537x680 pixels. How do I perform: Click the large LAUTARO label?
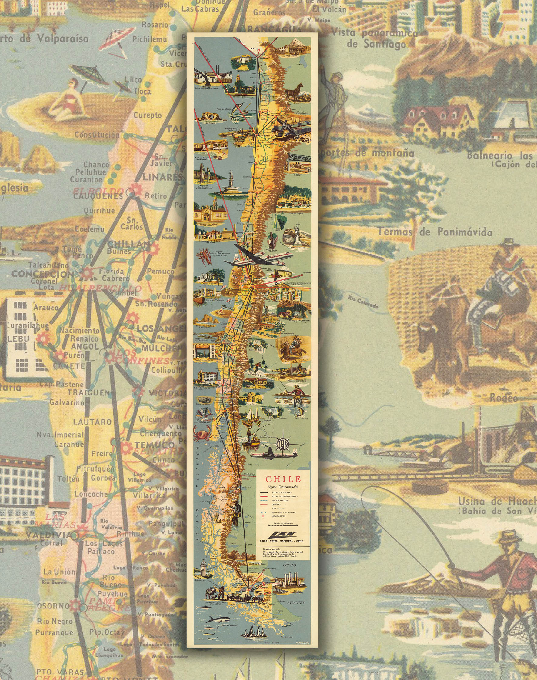click(92, 422)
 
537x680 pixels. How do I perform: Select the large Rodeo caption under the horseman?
click(503, 398)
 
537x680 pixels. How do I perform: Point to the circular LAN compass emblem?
click(283, 443)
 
